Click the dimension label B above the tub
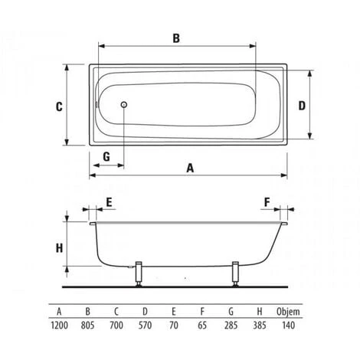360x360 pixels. [x=175, y=38]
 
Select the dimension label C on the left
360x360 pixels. [x=58, y=107]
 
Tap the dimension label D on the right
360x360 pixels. [x=302, y=105]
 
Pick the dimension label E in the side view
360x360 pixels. [x=110, y=202]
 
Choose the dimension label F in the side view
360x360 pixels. [x=267, y=202]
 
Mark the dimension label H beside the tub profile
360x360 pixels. [x=58, y=247]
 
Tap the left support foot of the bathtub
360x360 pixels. [x=139, y=273]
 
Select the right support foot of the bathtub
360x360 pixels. [x=235, y=273]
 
